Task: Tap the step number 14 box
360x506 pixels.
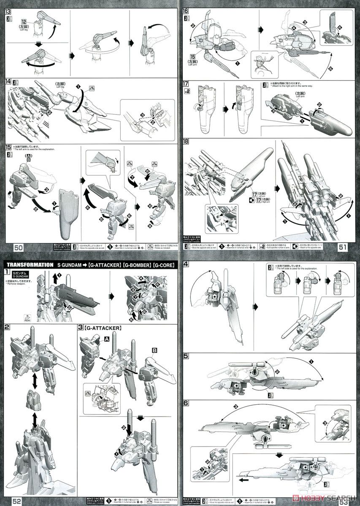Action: tap(8, 82)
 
